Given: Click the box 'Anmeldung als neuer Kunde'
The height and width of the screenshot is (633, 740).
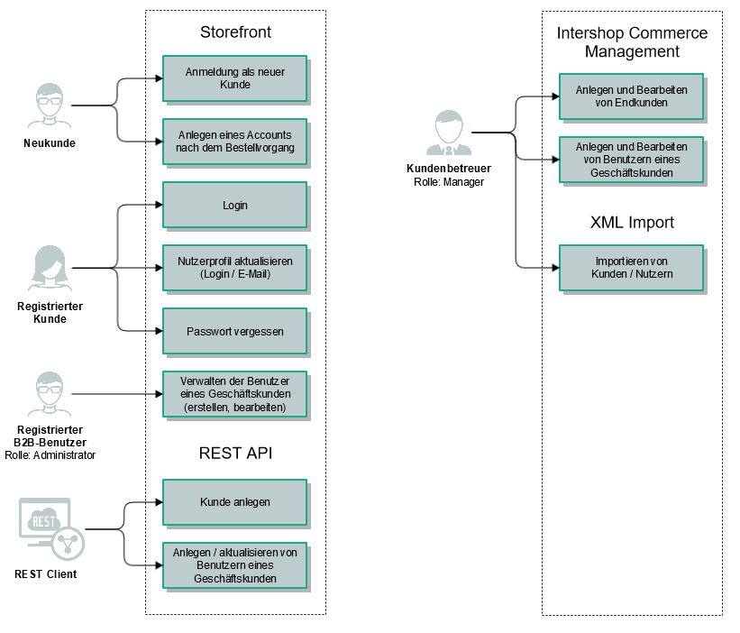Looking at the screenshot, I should [234, 78].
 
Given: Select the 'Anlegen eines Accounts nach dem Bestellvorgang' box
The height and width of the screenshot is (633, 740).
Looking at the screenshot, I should [234, 142].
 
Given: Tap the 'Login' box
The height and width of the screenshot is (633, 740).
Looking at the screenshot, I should [234, 205].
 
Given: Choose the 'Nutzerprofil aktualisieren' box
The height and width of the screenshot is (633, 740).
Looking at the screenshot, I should [234, 268].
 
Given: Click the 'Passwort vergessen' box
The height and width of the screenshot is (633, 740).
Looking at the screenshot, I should [234, 331].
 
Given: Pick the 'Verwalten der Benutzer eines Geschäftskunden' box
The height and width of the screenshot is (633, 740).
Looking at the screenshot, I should [234, 394].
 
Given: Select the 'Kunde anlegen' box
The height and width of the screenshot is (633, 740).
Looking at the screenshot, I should [234, 501].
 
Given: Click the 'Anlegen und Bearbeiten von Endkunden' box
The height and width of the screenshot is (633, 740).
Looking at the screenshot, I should [631, 96].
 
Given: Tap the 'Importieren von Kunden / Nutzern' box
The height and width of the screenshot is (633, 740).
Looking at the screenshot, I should [631, 268].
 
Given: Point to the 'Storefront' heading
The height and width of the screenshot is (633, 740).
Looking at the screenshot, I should [235, 33].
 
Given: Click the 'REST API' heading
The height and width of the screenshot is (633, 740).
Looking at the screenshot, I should [235, 454].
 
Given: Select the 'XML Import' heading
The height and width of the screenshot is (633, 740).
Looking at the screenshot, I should [632, 222].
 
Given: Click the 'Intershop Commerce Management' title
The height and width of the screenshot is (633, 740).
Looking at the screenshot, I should [632, 42].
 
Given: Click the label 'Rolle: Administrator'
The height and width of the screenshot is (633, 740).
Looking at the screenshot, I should [50, 454].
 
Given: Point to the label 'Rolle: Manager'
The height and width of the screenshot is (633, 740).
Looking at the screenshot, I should [448, 182].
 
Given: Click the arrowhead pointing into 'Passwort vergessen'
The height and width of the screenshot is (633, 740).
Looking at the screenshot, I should [158, 331].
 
